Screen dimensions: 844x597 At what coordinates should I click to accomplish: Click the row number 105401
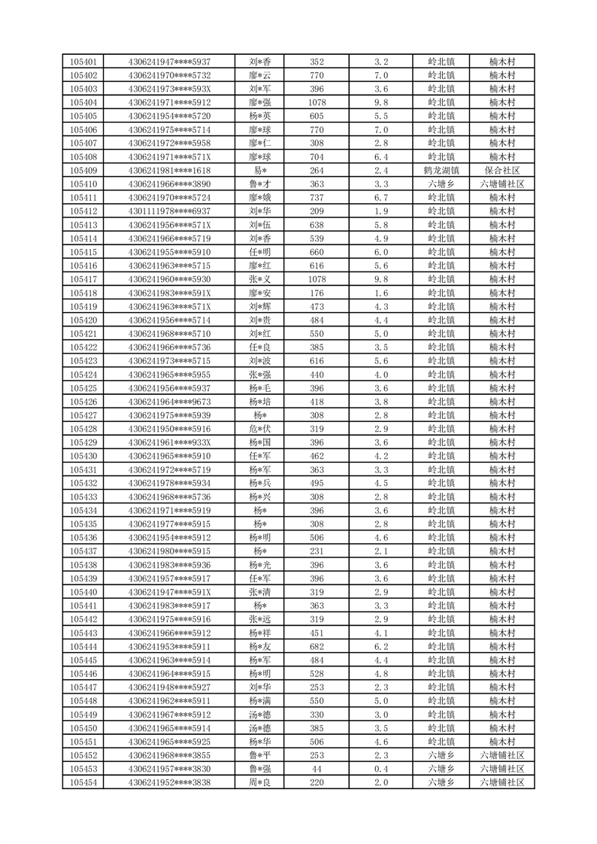83,62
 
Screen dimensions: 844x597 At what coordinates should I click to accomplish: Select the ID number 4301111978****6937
169,211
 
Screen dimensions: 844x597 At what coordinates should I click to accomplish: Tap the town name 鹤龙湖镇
441,171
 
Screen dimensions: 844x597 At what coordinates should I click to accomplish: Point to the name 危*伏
260,428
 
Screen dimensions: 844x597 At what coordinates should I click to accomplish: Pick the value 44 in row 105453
317,769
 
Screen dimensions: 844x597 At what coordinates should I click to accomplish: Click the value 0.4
380,769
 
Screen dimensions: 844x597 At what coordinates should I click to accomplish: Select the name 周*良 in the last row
260,782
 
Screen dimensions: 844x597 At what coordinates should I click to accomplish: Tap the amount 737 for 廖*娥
317,197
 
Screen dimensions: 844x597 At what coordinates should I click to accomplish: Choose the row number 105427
83,414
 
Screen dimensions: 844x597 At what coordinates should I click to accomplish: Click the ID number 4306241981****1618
169,171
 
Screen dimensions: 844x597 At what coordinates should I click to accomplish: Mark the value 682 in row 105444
317,646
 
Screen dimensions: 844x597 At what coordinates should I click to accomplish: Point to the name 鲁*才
260,184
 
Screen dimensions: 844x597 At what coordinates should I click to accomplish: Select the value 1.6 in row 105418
380,293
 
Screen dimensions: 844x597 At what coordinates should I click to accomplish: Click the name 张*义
260,279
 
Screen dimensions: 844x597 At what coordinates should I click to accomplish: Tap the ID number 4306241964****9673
169,402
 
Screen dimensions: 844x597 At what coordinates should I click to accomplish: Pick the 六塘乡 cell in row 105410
441,184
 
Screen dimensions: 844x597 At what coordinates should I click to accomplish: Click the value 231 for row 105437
317,551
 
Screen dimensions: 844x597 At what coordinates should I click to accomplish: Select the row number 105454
83,782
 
